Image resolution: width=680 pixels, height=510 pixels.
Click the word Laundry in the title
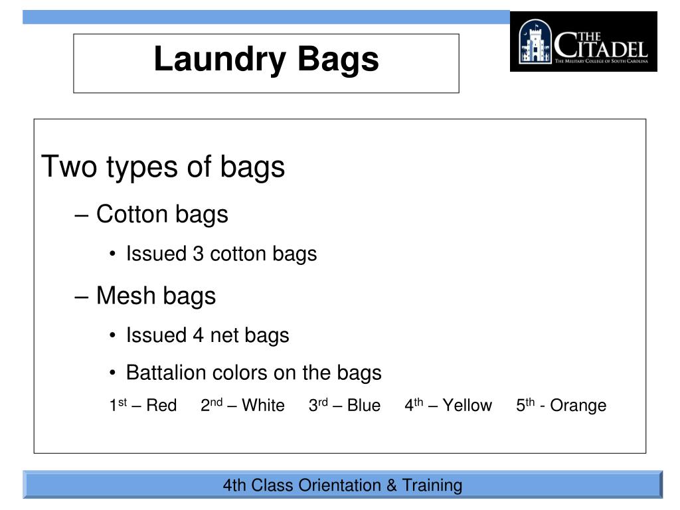[220, 60]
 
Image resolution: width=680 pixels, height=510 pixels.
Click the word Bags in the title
[338, 60]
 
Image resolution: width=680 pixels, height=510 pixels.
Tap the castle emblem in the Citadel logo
[536, 41]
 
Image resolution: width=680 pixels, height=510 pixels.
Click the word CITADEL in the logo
[601, 46]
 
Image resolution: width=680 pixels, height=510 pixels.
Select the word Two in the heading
[69, 166]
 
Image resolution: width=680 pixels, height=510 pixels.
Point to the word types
[142, 168]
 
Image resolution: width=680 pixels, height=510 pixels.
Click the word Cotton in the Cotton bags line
[132, 214]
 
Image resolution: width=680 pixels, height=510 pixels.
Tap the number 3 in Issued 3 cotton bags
[198, 254]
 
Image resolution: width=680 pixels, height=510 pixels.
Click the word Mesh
[126, 296]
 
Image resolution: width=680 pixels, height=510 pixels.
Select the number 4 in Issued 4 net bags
[198, 335]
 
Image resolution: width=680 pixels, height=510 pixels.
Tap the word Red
[161, 406]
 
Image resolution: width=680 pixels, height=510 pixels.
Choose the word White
[263, 406]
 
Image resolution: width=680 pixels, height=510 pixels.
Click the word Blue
[364, 406]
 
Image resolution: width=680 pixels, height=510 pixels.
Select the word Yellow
[467, 406]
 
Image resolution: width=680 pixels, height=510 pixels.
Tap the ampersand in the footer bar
[392, 485]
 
